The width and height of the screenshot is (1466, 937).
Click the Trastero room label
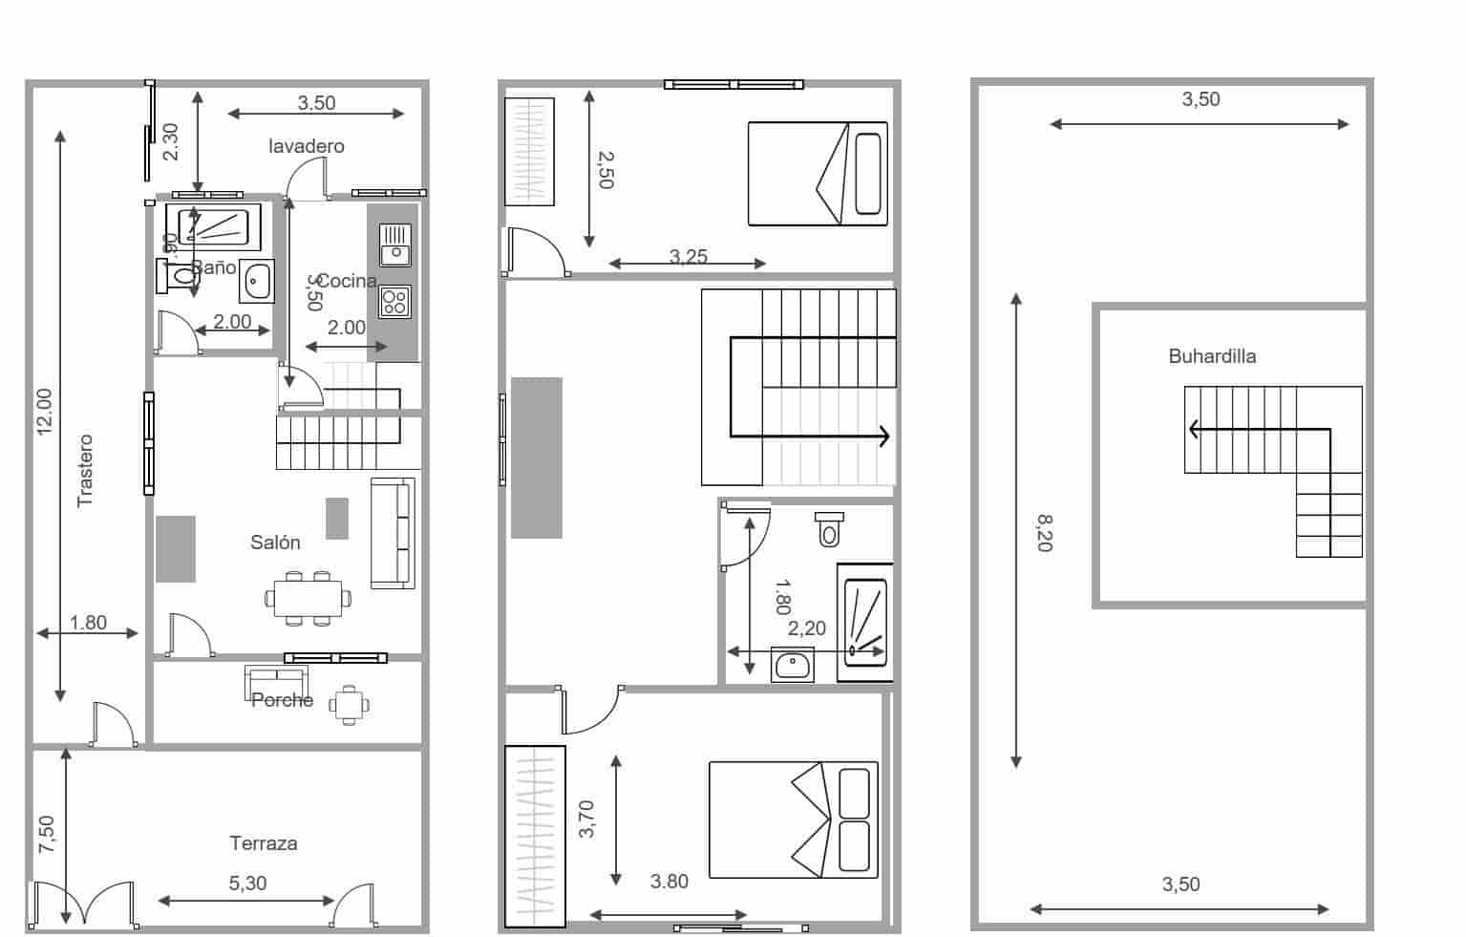click(85, 470)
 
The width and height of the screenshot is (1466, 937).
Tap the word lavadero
click(306, 146)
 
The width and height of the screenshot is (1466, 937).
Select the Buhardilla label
click(1212, 356)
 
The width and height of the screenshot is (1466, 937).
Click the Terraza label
click(263, 843)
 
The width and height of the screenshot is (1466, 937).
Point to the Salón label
click(275, 543)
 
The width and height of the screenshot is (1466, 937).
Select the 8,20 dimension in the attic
click(1043, 533)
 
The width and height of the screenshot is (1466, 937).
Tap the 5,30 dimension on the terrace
click(247, 884)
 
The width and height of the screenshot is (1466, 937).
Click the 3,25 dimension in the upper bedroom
click(688, 256)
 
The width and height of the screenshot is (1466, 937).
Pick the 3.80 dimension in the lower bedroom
click(669, 882)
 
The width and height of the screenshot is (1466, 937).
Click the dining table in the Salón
click(308, 599)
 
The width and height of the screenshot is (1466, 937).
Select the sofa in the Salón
click(393, 533)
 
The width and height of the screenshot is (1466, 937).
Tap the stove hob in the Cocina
click(394, 302)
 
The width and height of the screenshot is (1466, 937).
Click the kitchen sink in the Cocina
click(394, 244)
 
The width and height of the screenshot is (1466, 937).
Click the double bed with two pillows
click(793, 820)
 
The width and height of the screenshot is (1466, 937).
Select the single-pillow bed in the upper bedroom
click(818, 174)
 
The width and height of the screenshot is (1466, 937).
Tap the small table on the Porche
click(350, 706)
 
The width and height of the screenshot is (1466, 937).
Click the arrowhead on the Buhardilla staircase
click(1193, 430)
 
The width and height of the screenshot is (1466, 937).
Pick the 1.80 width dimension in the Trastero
click(88, 623)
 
